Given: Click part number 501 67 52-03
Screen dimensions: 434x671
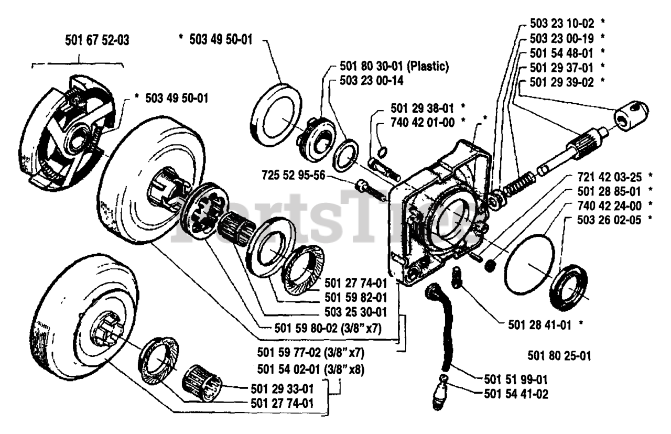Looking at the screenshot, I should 98,39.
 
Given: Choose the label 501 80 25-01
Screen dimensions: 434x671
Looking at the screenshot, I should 559,356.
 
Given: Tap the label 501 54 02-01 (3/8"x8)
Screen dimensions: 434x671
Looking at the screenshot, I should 311,369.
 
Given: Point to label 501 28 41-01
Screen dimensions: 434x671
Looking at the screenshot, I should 540,325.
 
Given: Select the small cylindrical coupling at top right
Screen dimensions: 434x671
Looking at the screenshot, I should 632,114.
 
